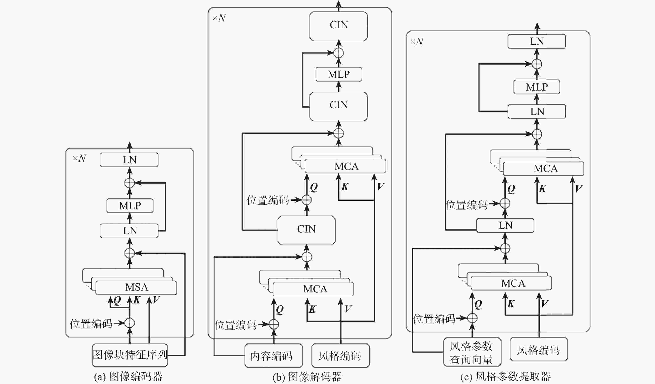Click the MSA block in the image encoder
coord(136,287)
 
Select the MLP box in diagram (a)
coord(130,206)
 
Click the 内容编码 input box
coord(273,356)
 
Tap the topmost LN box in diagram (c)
coord(537,41)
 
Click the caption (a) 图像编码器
coord(128,377)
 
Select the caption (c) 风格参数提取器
coord(505,377)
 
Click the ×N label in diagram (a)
coord(79,158)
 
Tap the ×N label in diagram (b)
coord(219,18)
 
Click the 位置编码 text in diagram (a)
coord(91,324)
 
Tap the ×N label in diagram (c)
coord(417,42)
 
